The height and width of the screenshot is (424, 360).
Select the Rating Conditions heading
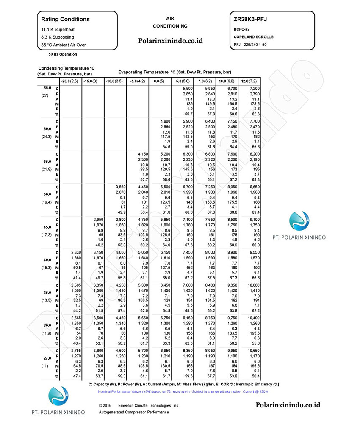tap(65, 19)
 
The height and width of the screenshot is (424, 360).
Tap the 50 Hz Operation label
tap(63, 54)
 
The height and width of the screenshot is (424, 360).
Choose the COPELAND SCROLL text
tap(254, 37)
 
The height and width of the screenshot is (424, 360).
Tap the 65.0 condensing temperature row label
tap(47, 88)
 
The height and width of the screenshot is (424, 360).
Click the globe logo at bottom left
tap(58, 397)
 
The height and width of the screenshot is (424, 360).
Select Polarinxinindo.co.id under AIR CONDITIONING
tap(171, 41)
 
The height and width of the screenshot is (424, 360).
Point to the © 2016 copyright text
tap(107, 405)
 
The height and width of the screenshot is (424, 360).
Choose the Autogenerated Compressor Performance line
tap(134, 412)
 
